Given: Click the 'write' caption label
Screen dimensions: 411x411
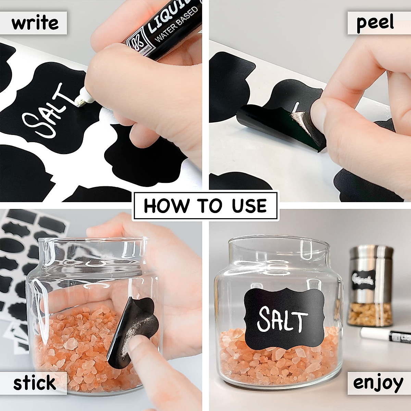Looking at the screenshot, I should click(x=35, y=23).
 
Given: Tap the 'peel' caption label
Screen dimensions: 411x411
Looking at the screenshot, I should click(x=375, y=23).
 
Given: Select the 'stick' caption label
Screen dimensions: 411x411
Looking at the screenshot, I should click(x=35, y=383).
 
